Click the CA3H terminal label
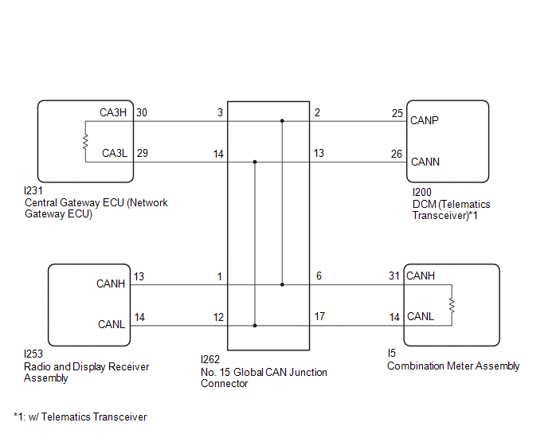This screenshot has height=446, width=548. (x=113, y=112)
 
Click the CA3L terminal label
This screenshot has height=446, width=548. (x=114, y=152)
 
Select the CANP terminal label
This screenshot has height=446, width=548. (x=425, y=121)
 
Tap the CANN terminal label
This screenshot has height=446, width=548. (x=425, y=162)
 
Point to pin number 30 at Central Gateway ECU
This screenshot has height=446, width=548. (x=142, y=112)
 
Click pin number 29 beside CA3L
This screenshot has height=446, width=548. (x=142, y=152)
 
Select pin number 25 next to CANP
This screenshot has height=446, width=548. (x=397, y=113)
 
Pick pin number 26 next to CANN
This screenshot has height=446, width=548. (x=397, y=154)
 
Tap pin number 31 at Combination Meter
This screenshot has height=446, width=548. (x=394, y=276)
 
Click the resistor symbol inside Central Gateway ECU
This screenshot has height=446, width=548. (x=85, y=142)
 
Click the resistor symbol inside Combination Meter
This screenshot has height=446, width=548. (x=452, y=305)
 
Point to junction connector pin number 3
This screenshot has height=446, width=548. (x=220, y=113)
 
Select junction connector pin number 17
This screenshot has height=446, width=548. (x=319, y=316)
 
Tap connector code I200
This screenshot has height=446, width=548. (x=421, y=193)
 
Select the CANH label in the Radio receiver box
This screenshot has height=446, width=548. (x=111, y=284)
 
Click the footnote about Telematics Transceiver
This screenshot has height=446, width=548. (x=80, y=417)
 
